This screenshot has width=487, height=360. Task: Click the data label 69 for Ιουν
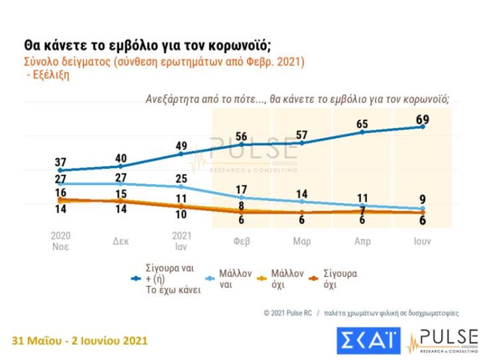(422, 119)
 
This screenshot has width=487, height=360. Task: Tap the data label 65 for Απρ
(362, 124)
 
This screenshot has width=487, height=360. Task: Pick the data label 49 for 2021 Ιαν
(181, 146)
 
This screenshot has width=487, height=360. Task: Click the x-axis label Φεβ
(242, 241)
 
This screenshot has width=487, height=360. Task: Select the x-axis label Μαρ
(302, 241)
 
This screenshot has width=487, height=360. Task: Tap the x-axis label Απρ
(362, 241)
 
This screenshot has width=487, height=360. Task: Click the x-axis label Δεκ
(121, 241)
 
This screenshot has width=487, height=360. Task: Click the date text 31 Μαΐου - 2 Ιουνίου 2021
(80, 340)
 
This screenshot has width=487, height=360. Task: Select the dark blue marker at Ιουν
(423, 127)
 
